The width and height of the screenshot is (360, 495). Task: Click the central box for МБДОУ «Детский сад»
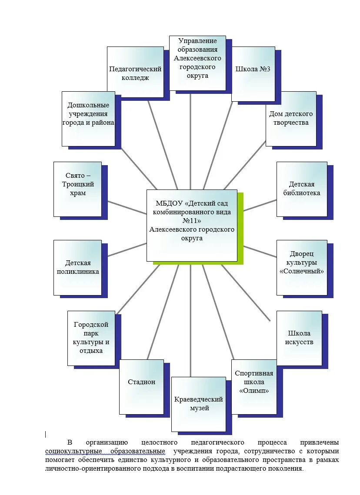point(192,225)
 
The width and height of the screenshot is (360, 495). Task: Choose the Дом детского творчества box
point(290,118)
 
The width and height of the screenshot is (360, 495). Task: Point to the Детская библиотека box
point(301,189)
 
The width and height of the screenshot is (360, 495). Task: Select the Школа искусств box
point(299,338)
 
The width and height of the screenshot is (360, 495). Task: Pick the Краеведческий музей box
point(198,404)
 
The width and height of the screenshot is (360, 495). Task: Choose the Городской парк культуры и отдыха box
point(91,338)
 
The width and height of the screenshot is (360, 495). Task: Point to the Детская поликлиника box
point(77,267)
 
